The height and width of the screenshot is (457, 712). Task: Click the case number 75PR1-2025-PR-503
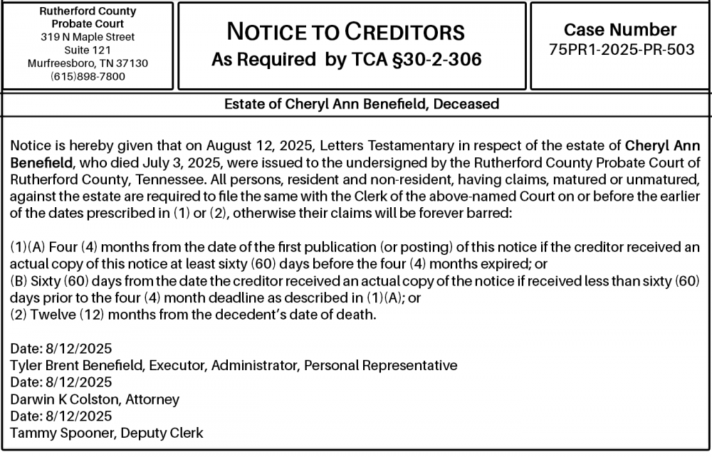click(x=621, y=50)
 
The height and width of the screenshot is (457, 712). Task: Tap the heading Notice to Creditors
click(x=345, y=32)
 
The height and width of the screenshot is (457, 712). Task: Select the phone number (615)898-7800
click(x=88, y=76)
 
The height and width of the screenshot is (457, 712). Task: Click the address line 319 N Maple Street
click(x=88, y=37)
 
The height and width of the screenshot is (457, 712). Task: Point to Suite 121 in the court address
click(x=88, y=50)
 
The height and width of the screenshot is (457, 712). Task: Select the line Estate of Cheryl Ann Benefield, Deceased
click(x=362, y=104)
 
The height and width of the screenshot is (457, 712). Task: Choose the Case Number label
click(x=620, y=30)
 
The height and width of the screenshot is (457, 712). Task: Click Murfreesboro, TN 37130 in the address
click(x=88, y=63)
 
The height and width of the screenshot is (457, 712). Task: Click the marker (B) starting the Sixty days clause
click(x=20, y=281)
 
